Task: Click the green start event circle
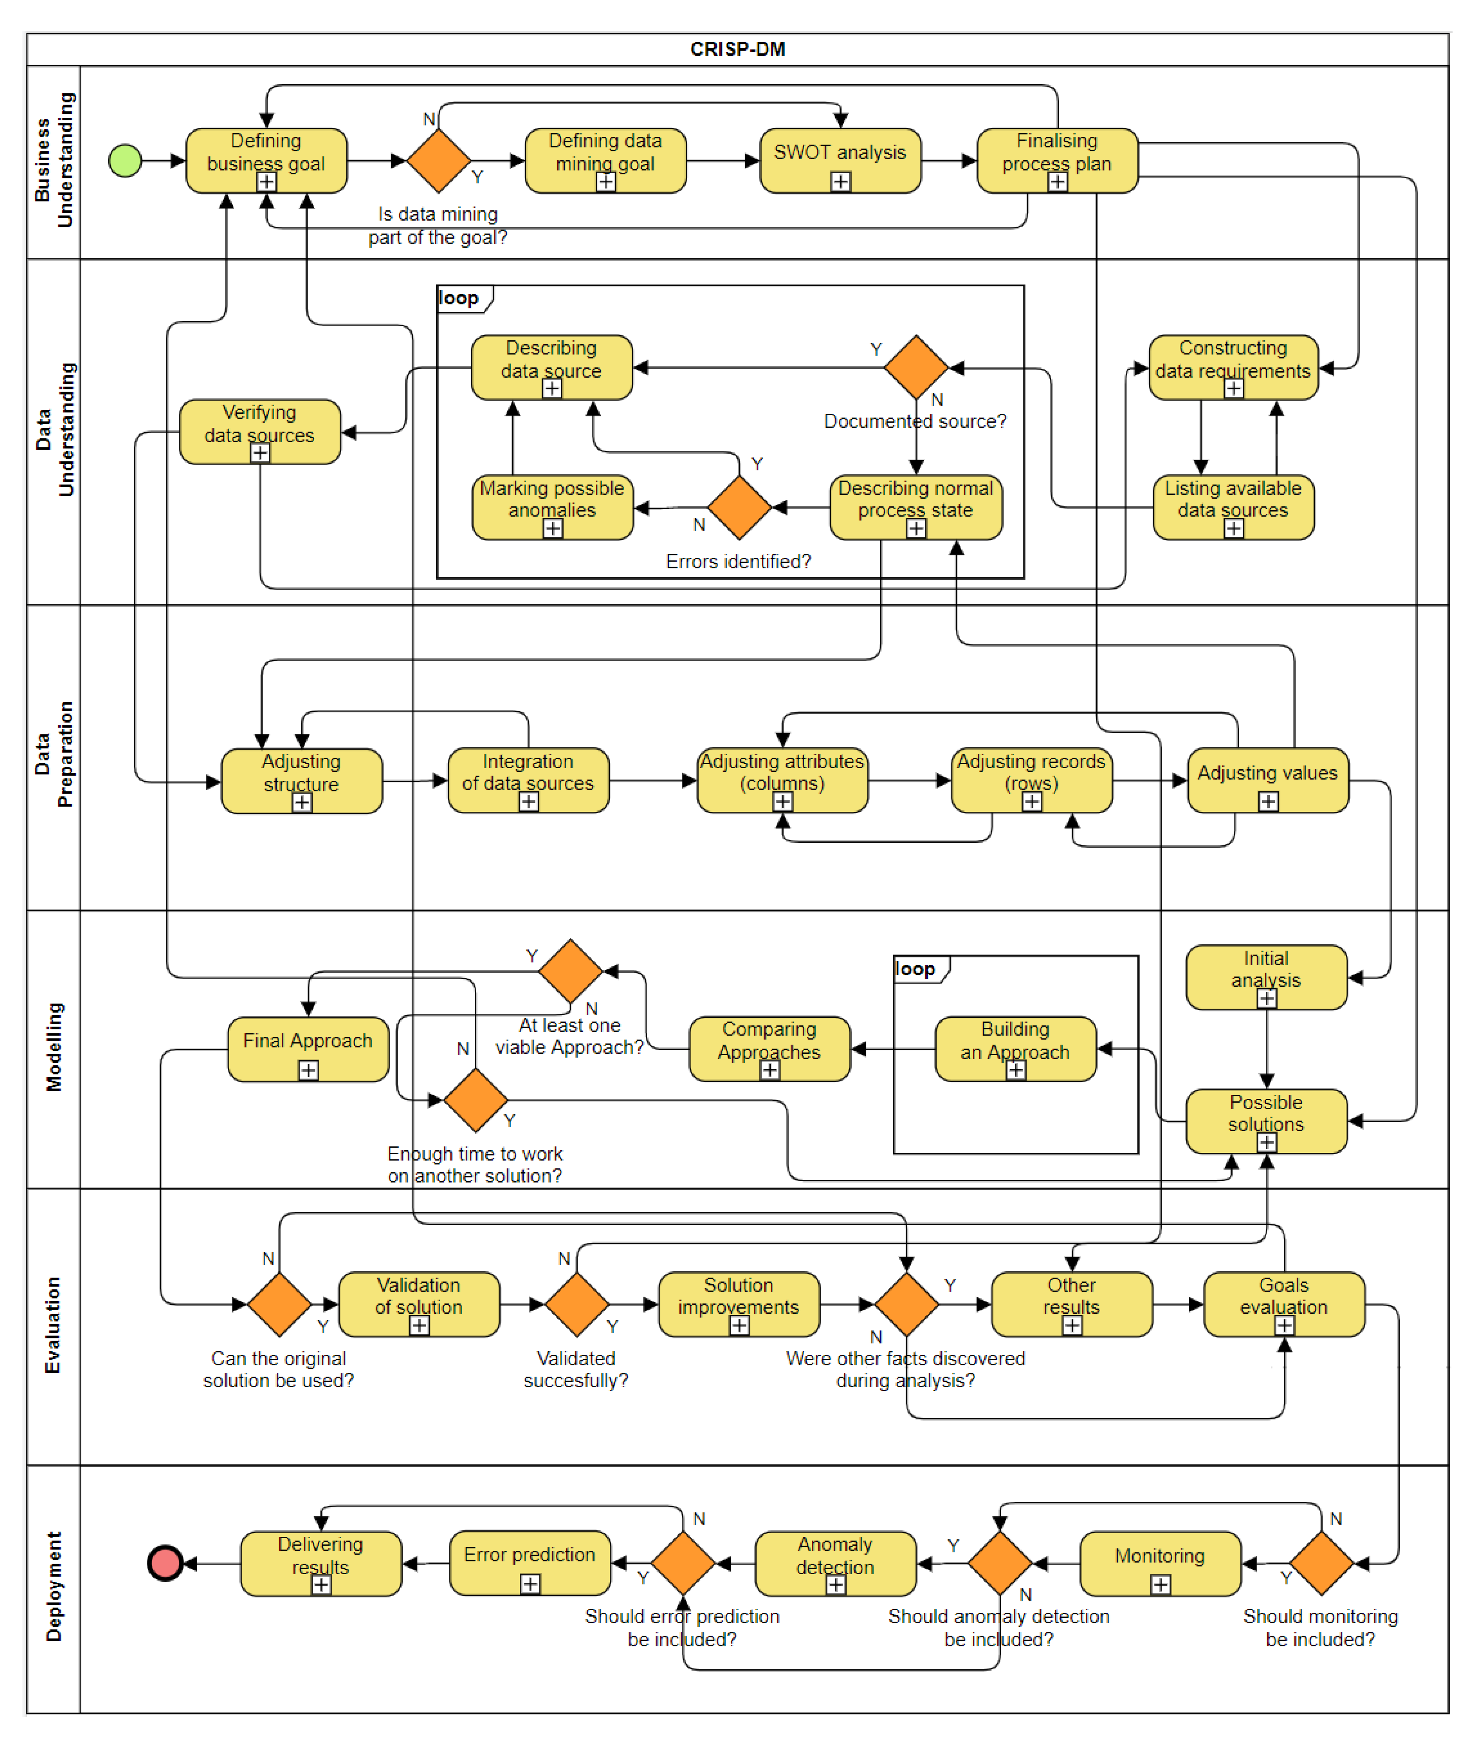pyautogui.click(x=125, y=161)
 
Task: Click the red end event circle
pyautogui.click(x=165, y=1562)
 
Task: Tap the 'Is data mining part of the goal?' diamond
pyautogui.click(x=439, y=161)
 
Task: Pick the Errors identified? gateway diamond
pyautogui.click(x=739, y=507)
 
